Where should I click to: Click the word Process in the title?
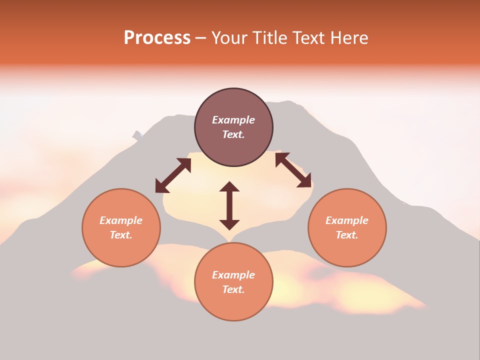[x=157, y=38]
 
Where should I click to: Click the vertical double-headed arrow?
[x=229, y=205]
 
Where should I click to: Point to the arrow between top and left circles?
[x=173, y=175]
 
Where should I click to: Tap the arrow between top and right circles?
[x=293, y=170]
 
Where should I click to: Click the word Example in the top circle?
[x=233, y=120]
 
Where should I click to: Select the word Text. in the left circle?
[x=121, y=235]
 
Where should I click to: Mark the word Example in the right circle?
[x=347, y=220]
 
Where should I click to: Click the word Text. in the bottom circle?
[x=233, y=289]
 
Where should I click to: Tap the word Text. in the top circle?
[x=233, y=134]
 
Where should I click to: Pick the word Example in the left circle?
[x=121, y=220]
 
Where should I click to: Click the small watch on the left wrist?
[x=137, y=134]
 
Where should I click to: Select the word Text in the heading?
[x=307, y=38]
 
